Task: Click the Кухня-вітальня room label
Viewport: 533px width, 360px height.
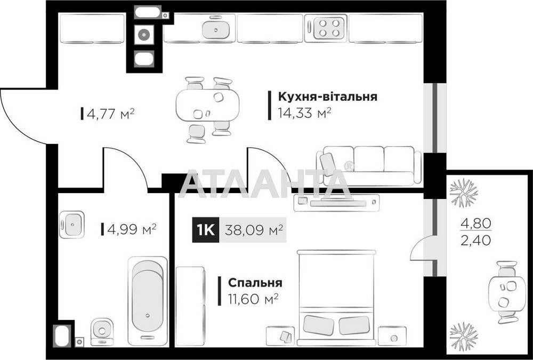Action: click(x=327, y=97)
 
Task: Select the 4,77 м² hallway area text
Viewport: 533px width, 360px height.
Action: click(x=109, y=113)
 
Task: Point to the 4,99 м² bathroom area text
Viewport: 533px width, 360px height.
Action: click(x=131, y=229)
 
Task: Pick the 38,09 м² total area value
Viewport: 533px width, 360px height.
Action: click(x=253, y=230)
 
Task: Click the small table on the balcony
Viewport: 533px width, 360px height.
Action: click(x=506, y=292)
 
